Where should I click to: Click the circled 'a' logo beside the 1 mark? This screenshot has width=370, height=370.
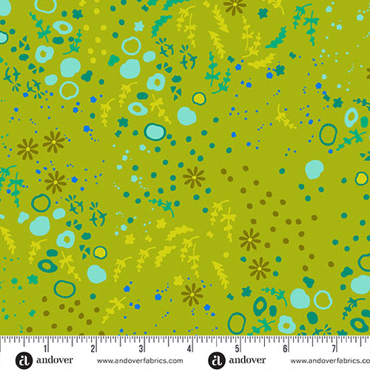click(22, 360)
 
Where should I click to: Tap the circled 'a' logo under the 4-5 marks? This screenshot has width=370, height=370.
click(215, 360)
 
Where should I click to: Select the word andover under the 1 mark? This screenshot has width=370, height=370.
click(50, 360)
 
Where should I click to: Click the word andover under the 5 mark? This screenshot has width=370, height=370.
click(243, 360)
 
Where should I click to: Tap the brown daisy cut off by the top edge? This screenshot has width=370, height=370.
click(235, 6)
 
